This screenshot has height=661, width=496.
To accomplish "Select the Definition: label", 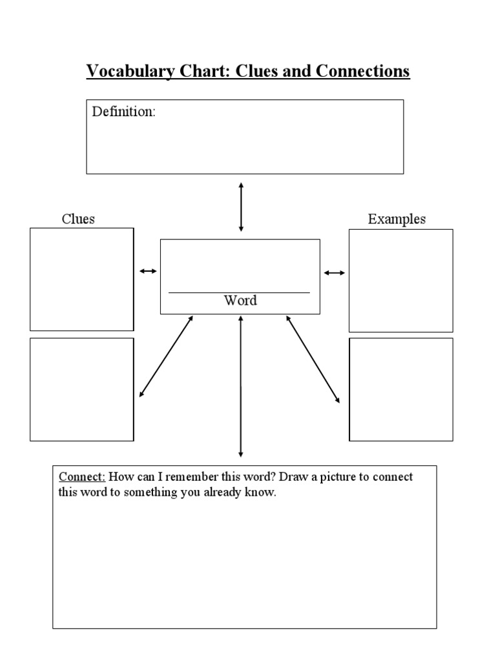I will point(123,112).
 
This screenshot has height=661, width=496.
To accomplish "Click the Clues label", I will point(78,219).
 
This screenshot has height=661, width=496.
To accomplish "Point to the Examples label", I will point(397,219).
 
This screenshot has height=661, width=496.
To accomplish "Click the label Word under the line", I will point(240,300).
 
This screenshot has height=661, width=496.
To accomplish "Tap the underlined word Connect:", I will point(83,477).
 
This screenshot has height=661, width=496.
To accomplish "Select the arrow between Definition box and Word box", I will point(241,207).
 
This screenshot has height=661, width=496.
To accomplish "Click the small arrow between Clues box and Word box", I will point(148,272).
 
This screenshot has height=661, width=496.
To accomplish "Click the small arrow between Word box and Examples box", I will point(335,273).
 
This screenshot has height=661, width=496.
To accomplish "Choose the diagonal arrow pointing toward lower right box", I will point(313,359).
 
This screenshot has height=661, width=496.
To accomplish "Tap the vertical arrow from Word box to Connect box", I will point(241,386).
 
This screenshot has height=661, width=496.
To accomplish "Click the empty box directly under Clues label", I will point(81,279).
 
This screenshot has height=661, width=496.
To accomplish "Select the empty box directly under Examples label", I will point(400,281).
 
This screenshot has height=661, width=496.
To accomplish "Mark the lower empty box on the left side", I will point(81,389).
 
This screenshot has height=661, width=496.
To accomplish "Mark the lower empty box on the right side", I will point(400,389).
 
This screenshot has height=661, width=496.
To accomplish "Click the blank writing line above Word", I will point(239,292).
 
